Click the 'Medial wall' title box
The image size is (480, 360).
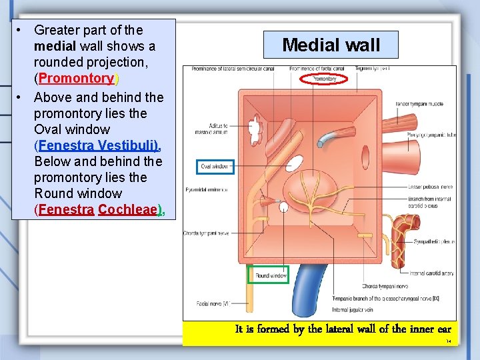[x=331, y=45]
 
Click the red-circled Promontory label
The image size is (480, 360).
[x=324, y=79]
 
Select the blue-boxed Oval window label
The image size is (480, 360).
[x=215, y=166]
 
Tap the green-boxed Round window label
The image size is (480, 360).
[x=271, y=275]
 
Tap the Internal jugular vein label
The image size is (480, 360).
[x=353, y=309]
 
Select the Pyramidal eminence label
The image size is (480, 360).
[x=205, y=189]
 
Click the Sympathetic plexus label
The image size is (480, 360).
[x=434, y=241]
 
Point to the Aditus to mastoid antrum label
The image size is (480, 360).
[x=214, y=129]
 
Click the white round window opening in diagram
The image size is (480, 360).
[x=284, y=207]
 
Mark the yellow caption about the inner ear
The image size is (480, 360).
[x=343, y=329]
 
